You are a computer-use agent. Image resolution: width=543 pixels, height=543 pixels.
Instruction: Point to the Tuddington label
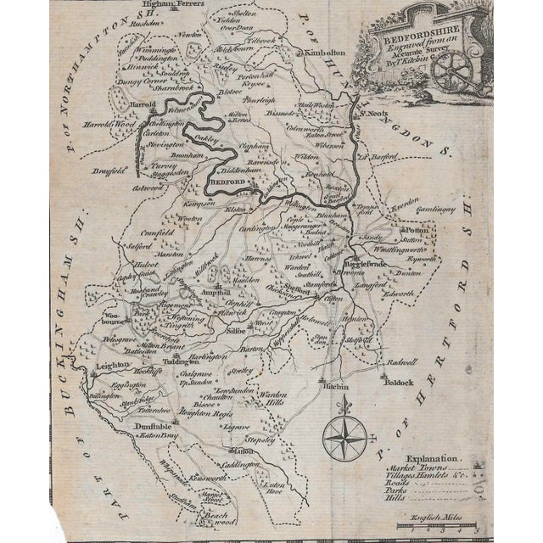coord(183,359)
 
